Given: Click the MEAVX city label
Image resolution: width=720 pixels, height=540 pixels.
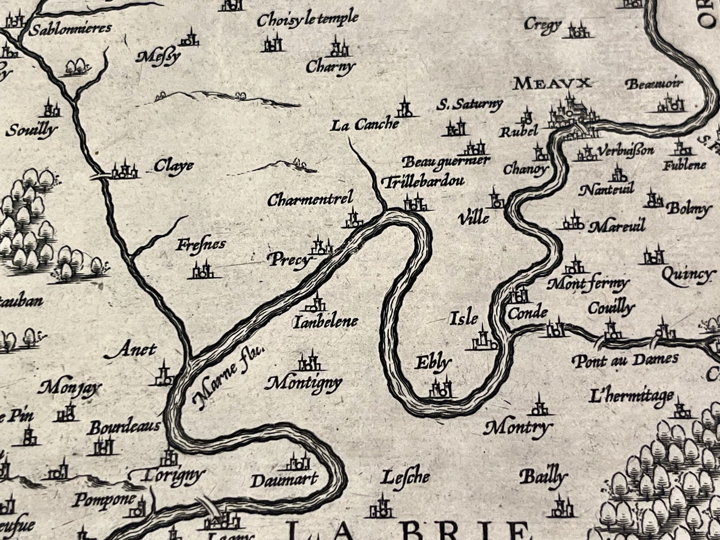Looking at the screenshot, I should coord(552,84).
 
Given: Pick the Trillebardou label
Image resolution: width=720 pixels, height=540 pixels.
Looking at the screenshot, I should coord(422,182).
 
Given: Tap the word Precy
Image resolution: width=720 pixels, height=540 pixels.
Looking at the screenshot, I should coord(289,261).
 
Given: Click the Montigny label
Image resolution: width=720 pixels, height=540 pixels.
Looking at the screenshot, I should coord(303,383).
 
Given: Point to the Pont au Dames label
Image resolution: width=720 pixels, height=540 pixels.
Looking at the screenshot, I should coord(625,359).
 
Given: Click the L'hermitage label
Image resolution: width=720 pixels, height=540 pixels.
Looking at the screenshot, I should coord(631,397).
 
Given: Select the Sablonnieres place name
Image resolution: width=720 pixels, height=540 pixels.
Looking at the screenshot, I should coord(70,29).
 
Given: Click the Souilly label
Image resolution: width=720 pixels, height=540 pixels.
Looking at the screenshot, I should coord(32,130).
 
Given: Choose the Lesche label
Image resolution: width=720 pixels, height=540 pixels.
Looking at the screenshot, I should coord(406,477).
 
